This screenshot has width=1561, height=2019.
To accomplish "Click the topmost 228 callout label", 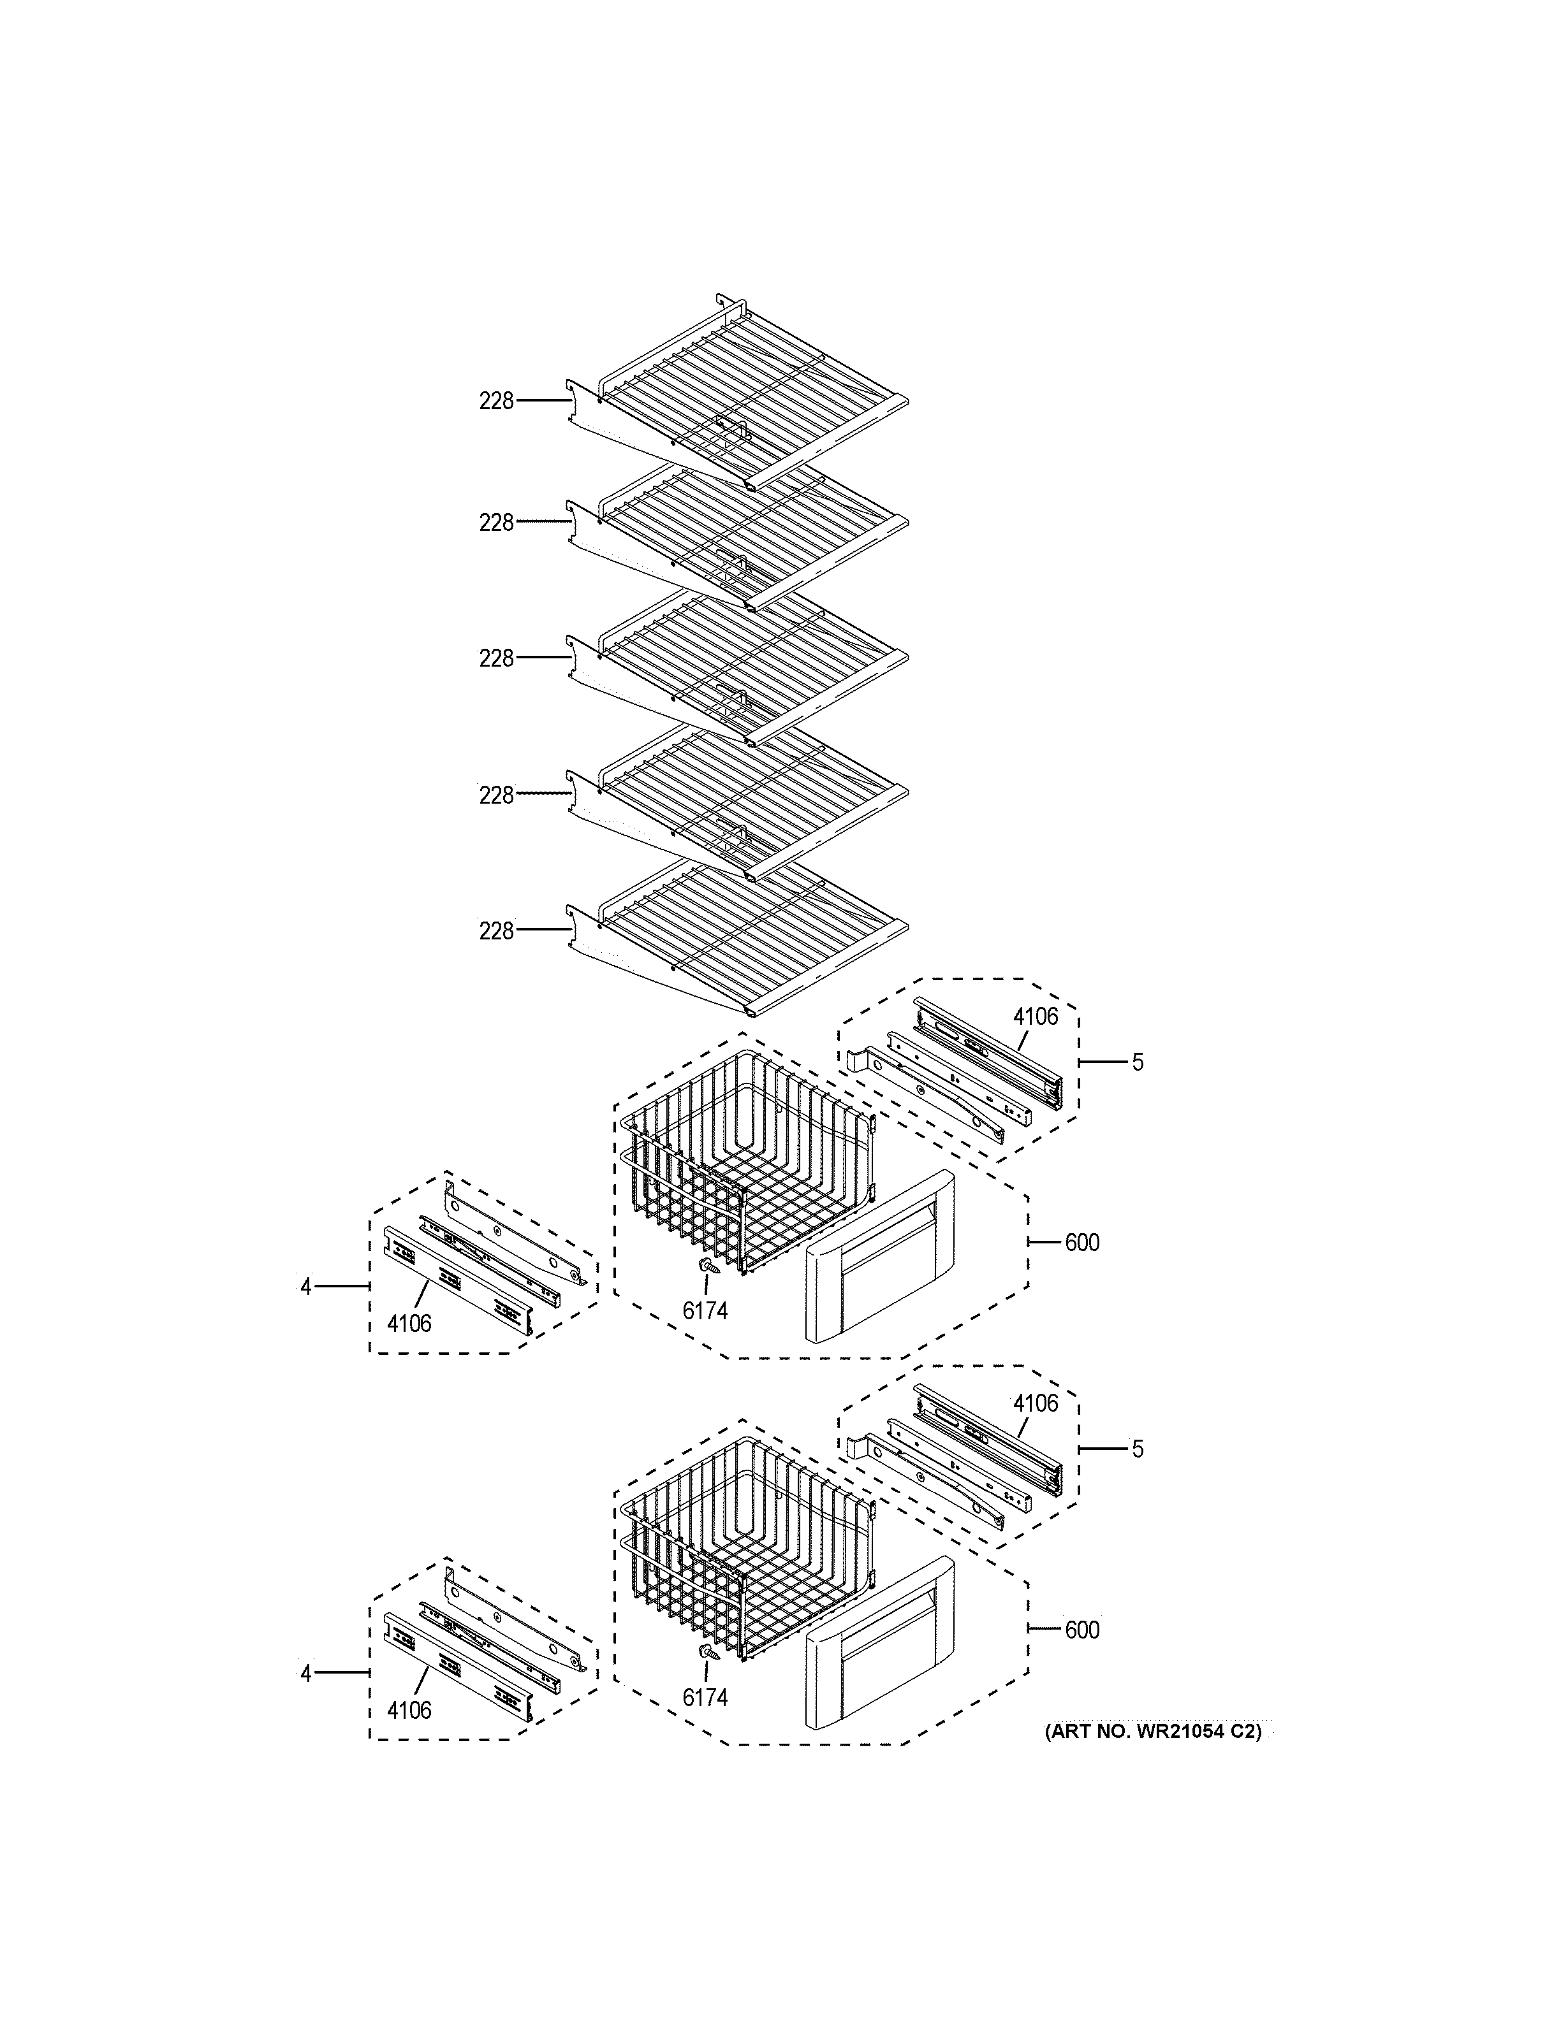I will (495, 402).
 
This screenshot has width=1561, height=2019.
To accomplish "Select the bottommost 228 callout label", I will (495, 931).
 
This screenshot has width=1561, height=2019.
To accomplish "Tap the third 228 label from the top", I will (495, 659).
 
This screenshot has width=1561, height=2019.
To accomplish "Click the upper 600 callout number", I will (1082, 1243).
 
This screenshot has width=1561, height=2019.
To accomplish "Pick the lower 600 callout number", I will (1082, 1630).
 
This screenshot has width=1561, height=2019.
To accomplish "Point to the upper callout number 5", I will (1138, 1062).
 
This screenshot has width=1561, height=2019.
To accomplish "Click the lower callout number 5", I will (1138, 1449).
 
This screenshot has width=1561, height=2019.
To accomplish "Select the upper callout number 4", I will (306, 1286).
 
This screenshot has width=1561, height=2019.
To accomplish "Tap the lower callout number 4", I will (306, 1673).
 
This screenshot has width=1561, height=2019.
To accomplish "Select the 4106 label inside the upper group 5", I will (1035, 1017).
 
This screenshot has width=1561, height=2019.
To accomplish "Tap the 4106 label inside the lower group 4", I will (409, 1711).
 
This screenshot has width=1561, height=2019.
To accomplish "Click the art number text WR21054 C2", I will (1152, 1732).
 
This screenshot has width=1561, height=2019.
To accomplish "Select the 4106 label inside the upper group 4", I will (409, 1324).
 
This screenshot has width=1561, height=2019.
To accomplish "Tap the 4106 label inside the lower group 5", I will (1035, 1403).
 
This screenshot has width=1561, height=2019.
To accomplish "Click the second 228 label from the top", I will (495, 523).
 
